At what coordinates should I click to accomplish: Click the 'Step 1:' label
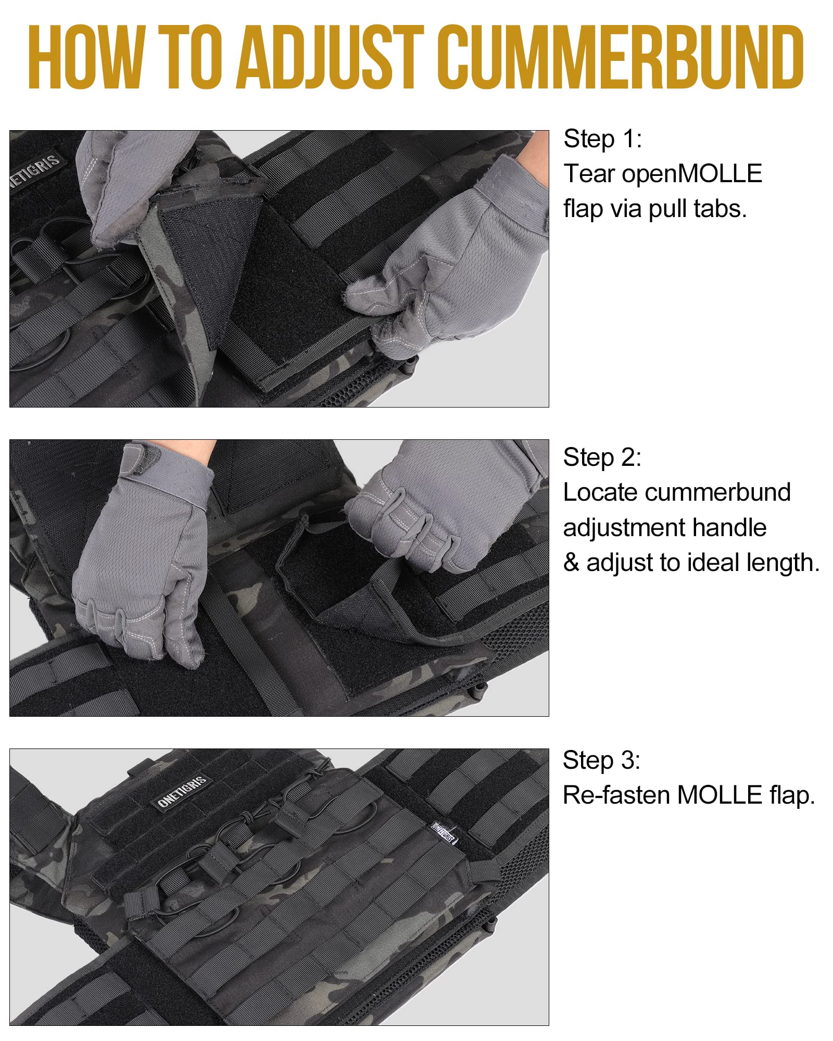(602, 139)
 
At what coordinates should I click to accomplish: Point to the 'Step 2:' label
(602, 458)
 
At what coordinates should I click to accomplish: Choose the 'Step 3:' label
(601, 760)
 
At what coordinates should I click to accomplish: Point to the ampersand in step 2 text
(571, 563)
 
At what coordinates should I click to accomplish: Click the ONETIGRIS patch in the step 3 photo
(183, 792)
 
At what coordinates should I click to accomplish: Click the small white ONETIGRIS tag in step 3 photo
(443, 833)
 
